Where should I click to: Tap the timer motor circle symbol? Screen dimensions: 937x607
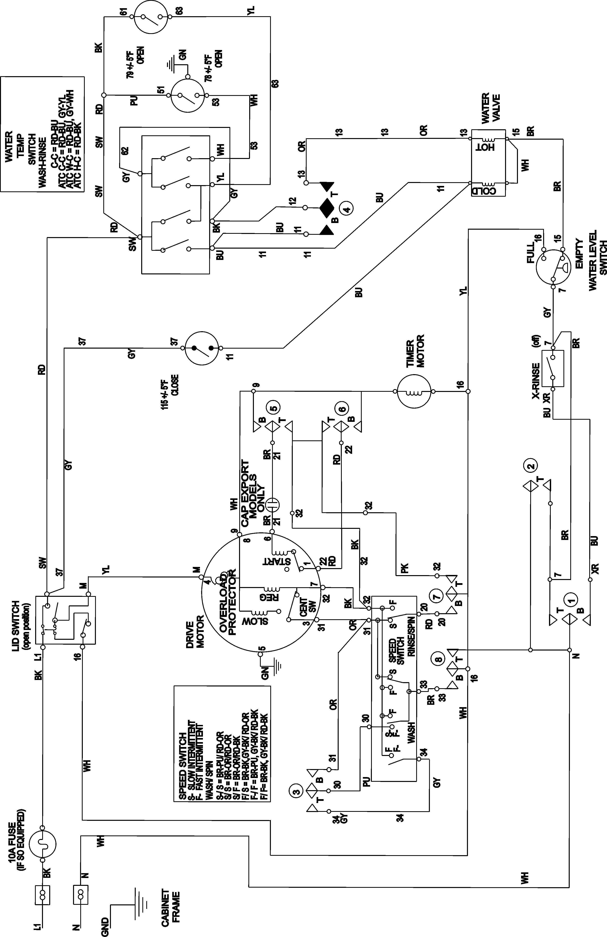pos(413,392)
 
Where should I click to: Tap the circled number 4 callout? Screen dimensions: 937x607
pos(346,209)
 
